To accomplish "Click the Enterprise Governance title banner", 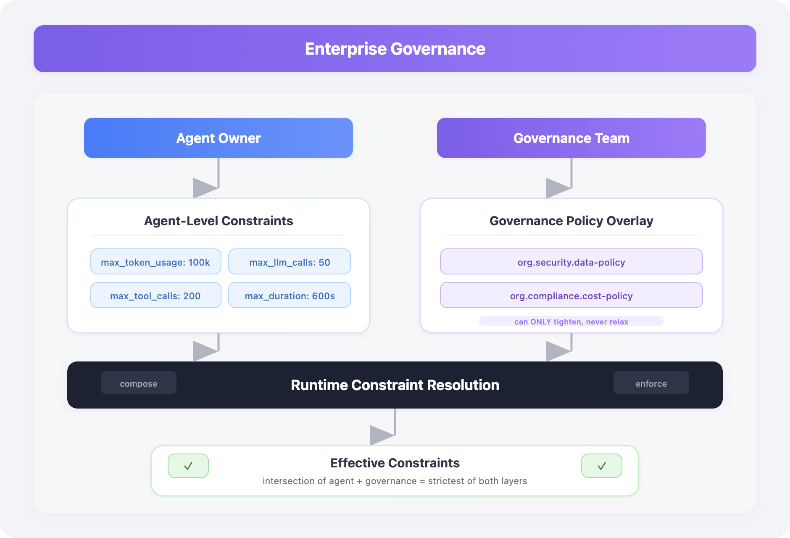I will tap(395, 49).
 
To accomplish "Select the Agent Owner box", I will tap(219, 138).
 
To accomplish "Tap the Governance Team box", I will tap(571, 138).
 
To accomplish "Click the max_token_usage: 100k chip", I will tap(155, 262).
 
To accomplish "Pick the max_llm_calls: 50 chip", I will tap(290, 262).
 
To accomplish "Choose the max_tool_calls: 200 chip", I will tap(155, 295).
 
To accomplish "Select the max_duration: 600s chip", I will tap(290, 295).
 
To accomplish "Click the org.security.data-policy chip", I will tap(571, 262).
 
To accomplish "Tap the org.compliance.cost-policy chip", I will tap(571, 295).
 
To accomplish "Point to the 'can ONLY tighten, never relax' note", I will tap(571, 322).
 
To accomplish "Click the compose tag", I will tap(139, 383).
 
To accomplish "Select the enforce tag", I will tap(651, 383).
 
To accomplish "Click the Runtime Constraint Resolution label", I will tap(395, 385).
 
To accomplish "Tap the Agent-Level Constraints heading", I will tap(219, 221).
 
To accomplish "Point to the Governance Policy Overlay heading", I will tap(571, 221).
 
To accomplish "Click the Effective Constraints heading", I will tap(395, 463).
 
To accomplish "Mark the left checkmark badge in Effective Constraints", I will tap(188, 466).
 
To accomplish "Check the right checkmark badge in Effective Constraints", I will tap(602, 466).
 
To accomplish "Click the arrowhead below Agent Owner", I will tap(205, 187).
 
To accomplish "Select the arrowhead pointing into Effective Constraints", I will tap(382, 435).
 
